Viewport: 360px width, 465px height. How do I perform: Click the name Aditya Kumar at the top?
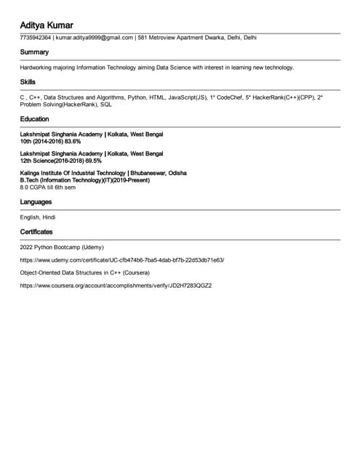pyautogui.click(x=47, y=25)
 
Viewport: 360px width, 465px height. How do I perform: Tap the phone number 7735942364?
pyautogui.click(x=35, y=38)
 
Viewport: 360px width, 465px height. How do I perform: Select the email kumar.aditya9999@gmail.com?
pyautogui.click(x=95, y=38)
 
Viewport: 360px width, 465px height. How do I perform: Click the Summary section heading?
pyautogui.click(x=34, y=52)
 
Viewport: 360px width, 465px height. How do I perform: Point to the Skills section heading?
pyautogui.click(x=28, y=82)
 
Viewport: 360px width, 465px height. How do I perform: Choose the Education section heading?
pyautogui.click(x=35, y=119)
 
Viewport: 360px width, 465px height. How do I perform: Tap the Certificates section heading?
pyautogui.click(x=36, y=232)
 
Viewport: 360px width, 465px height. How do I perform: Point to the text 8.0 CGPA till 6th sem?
pyautogui.click(x=48, y=187)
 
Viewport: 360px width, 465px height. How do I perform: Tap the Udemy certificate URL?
pyautogui.click(x=122, y=259)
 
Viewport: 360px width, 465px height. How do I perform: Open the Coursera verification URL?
pyautogui.click(x=116, y=286)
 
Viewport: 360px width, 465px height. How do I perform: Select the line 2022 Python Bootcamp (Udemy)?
pyautogui.click(x=62, y=247)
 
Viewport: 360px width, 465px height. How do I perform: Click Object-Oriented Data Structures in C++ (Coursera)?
pyautogui.click(x=85, y=272)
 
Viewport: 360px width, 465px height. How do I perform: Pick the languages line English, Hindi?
pyautogui.click(x=38, y=217)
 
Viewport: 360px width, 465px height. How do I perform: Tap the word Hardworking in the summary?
pyautogui.click(x=38, y=68)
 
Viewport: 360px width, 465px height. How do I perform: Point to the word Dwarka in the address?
pyautogui.click(x=208, y=38)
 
